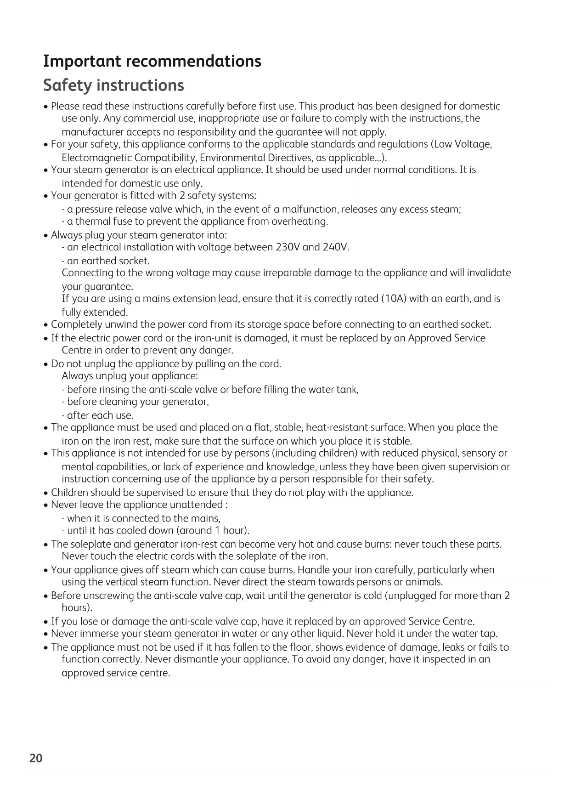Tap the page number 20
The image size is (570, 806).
pos(36,758)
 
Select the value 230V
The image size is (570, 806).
pos(288,247)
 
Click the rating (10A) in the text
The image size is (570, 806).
pos(394,299)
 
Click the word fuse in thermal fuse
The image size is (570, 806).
pos(121,221)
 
